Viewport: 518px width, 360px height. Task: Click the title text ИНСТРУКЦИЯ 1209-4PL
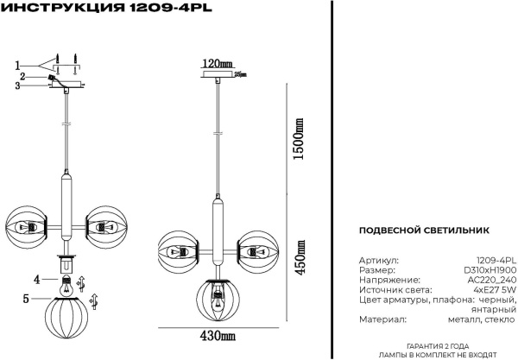[108, 8]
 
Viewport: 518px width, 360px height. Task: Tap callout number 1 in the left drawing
[16, 66]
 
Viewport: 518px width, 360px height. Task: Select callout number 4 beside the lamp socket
[36, 280]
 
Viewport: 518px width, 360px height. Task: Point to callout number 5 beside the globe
[25, 299]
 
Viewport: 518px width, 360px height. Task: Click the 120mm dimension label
[218, 64]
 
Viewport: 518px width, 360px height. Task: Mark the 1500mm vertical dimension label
[299, 139]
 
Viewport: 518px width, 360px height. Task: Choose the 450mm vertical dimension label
[299, 256]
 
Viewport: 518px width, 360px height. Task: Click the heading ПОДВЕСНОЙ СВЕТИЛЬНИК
[423, 231]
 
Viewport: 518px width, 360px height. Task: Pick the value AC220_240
[491, 281]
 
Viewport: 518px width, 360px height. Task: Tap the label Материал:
[381, 320]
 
